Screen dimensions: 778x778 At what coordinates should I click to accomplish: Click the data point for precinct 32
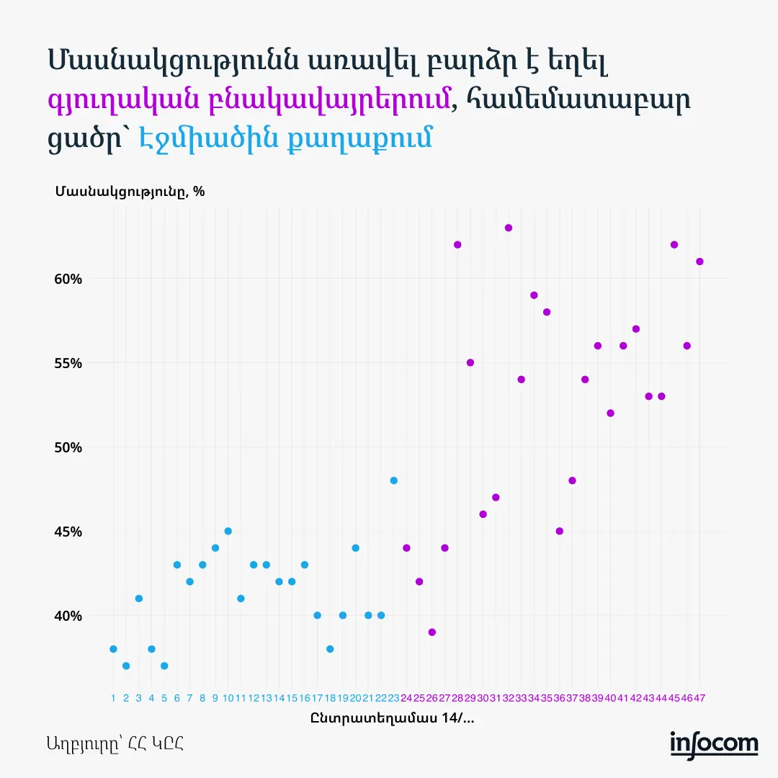509,228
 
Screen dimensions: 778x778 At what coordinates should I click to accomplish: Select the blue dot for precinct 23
394,480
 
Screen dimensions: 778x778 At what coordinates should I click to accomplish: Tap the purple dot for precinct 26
432,632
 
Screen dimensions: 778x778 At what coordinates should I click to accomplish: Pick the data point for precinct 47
699,261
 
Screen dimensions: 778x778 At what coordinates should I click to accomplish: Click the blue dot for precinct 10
228,531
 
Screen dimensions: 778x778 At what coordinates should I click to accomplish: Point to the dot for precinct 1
113,649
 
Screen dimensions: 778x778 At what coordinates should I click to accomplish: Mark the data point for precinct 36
560,531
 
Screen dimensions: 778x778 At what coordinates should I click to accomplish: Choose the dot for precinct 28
457,245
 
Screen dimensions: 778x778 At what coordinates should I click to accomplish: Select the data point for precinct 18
330,649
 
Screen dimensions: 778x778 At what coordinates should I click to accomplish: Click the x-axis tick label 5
164,698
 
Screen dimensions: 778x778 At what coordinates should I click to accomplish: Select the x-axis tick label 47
699,698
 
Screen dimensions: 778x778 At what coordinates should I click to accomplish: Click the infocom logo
714,743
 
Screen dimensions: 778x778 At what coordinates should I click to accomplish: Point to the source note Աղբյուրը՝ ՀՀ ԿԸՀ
116,743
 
